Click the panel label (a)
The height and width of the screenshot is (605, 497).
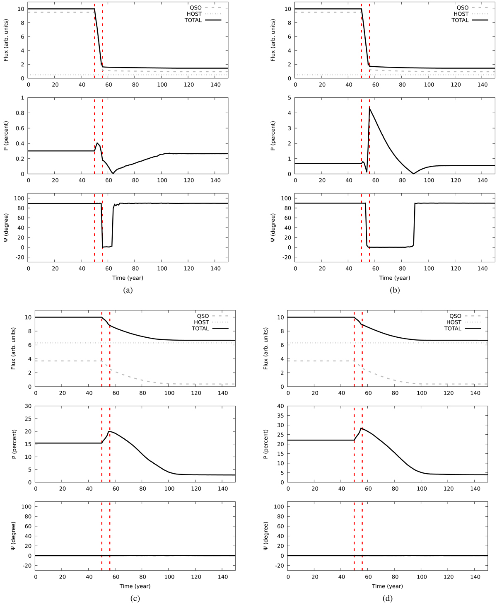click(128, 290)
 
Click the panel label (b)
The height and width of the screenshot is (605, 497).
click(395, 290)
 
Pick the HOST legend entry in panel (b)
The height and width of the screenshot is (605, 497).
click(461, 14)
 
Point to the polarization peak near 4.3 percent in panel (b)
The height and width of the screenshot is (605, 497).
click(369, 108)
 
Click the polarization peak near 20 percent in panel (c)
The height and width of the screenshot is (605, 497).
click(109, 431)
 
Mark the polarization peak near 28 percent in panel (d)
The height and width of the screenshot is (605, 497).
click(362, 428)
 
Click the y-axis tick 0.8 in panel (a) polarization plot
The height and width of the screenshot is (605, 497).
click(20, 113)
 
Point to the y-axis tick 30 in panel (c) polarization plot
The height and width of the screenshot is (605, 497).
click(28, 406)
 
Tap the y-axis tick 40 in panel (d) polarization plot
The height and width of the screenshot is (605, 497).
click(281, 406)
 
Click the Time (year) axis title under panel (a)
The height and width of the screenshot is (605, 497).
click(128, 278)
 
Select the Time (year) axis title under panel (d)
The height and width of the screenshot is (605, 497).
click(387, 586)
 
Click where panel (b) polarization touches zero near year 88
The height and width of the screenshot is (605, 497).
click(413, 174)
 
